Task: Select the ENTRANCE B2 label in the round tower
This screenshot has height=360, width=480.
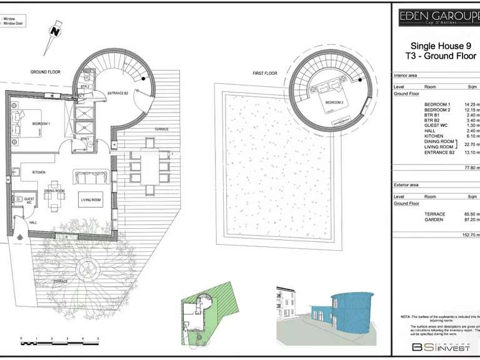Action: pos(117,93)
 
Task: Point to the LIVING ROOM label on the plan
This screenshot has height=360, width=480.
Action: pos(91,200)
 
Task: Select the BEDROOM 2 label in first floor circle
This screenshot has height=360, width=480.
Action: pos(334,102)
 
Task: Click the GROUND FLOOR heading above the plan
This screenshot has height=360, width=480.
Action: pos(45,72)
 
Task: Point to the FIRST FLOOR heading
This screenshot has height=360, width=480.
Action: pos(264,73)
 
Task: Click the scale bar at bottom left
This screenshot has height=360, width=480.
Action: pos(59,342)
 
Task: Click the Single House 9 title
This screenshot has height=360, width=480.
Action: pos(437,46)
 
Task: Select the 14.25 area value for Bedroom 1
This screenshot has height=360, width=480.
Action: pos(471,103)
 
